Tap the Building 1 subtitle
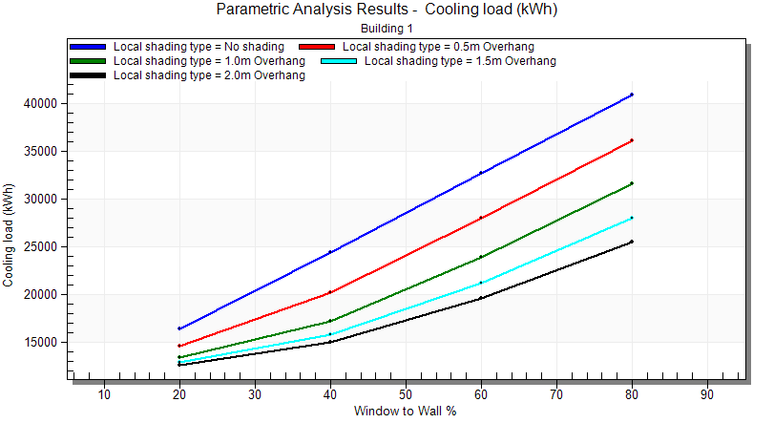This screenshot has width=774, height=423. click(x=387, y=29)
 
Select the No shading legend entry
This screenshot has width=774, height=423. click(x=199, y=46)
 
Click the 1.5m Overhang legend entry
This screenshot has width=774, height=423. click(x=461, y=60)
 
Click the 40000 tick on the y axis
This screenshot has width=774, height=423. click(x=46, y=103)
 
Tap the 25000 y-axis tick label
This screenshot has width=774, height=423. click(x=46, y=246)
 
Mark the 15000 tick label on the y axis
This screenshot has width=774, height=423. click(x=46, y=342)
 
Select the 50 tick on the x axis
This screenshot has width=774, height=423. click(x=405, y=394)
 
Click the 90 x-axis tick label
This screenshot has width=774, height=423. click(x=706, y=394)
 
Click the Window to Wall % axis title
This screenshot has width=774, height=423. click(x=405, y=412)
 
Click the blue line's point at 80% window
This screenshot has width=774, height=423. click(x=632, y=95)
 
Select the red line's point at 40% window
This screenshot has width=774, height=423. click(x=330, y=292)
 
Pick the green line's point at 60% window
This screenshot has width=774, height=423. click(x=481, y=257)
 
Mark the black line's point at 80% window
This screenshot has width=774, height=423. click(x=632, y=242)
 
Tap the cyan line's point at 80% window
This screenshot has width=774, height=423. click(x=632, y=218)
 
